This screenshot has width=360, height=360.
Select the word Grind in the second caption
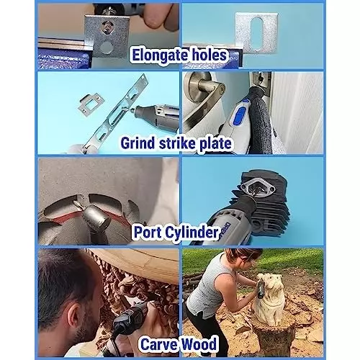pyautogui.click(x=142, y=144)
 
